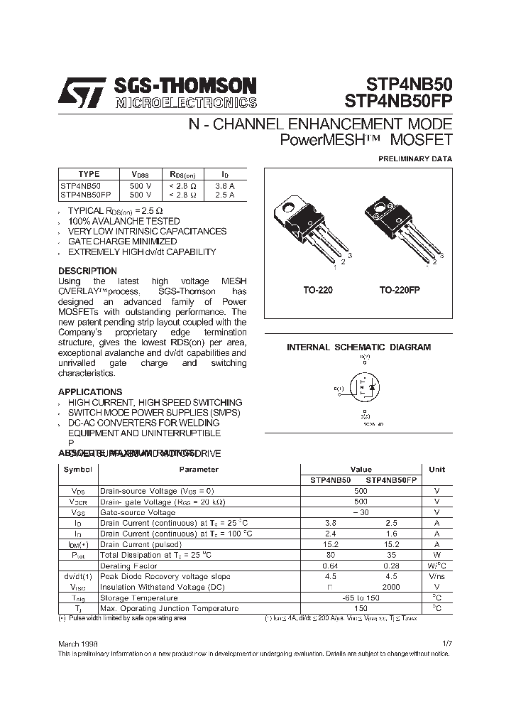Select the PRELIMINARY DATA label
pyautogui.click(x=414, y=159)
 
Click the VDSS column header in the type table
pyautogui.click(x=141, y=174)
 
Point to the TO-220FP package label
pyautogui.click(x=402, y=291)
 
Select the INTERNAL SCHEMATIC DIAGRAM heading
pyautogui.click(x=358, y=347)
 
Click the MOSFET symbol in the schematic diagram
pyautogui.click(x=364, y=389)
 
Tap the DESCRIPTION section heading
pyautogui.click(x=87, y=271)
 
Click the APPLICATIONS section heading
pyautogui.click(x=90, y=391)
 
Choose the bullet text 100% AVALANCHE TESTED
pyautogui.click(x=123, y=221)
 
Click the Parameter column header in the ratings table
pyautogui.click(x=199, y=470)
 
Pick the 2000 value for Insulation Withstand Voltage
pyautogui.click(x=390, y=587)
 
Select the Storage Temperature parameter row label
pyautogui.click(x=138, y=598)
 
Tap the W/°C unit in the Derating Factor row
pyautogui.click(x=436, y=566)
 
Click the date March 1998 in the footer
pyautogui.click(x=78, y=642)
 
